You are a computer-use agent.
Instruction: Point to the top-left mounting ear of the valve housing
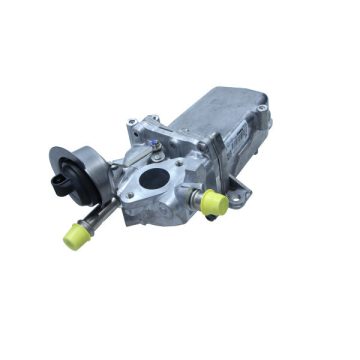click(x=133, y=125)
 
